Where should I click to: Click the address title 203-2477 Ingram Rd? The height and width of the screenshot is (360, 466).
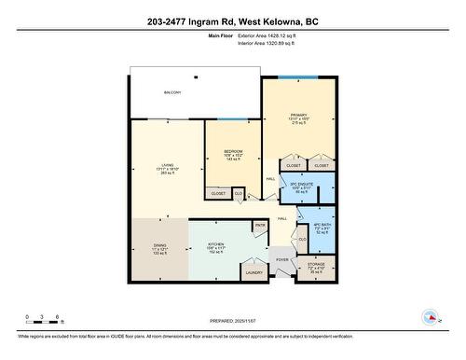tap(232, 21)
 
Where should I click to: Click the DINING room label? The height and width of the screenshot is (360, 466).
tap(160, 248)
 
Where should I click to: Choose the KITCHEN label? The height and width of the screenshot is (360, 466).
tap(216, 246)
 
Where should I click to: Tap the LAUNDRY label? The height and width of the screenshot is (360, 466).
tap(253, 271)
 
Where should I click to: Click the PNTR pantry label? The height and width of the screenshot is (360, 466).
tap(260, 225)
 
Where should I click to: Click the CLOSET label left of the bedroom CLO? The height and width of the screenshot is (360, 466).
tap(218, 193)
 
